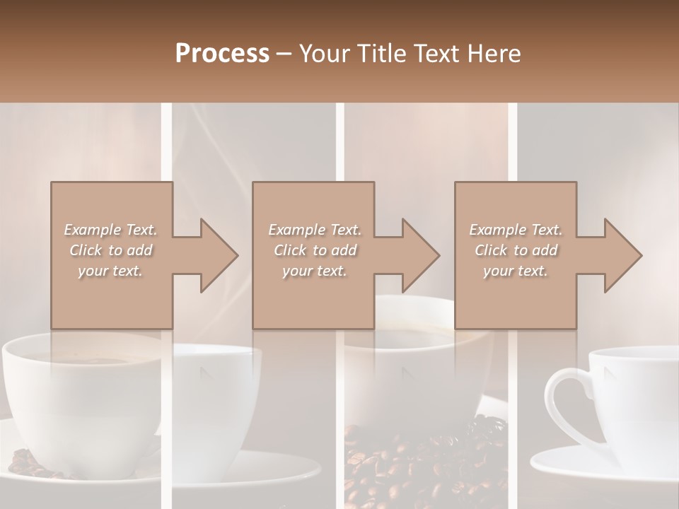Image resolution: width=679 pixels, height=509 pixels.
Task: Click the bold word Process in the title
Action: pyautogui.click(x=222, y=54)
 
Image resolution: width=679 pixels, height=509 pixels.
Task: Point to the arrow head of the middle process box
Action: pyautogui.click(x=421, y=255)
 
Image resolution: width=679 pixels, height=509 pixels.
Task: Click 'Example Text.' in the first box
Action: pyautogui.click(x=110, y=230)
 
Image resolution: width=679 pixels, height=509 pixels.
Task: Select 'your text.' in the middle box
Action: pyautogui.click(x=314, y=271)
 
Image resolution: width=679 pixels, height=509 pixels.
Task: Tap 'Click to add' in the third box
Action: pyautogui.click(x=516, y=250)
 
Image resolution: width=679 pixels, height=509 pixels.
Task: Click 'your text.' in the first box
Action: pyautogui.click(x=110, y=271)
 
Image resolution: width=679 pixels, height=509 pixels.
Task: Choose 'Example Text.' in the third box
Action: pyautogui.click(x=516, y=230)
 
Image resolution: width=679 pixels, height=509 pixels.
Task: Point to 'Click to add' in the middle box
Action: pyautogui.click(x=314, y=250)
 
